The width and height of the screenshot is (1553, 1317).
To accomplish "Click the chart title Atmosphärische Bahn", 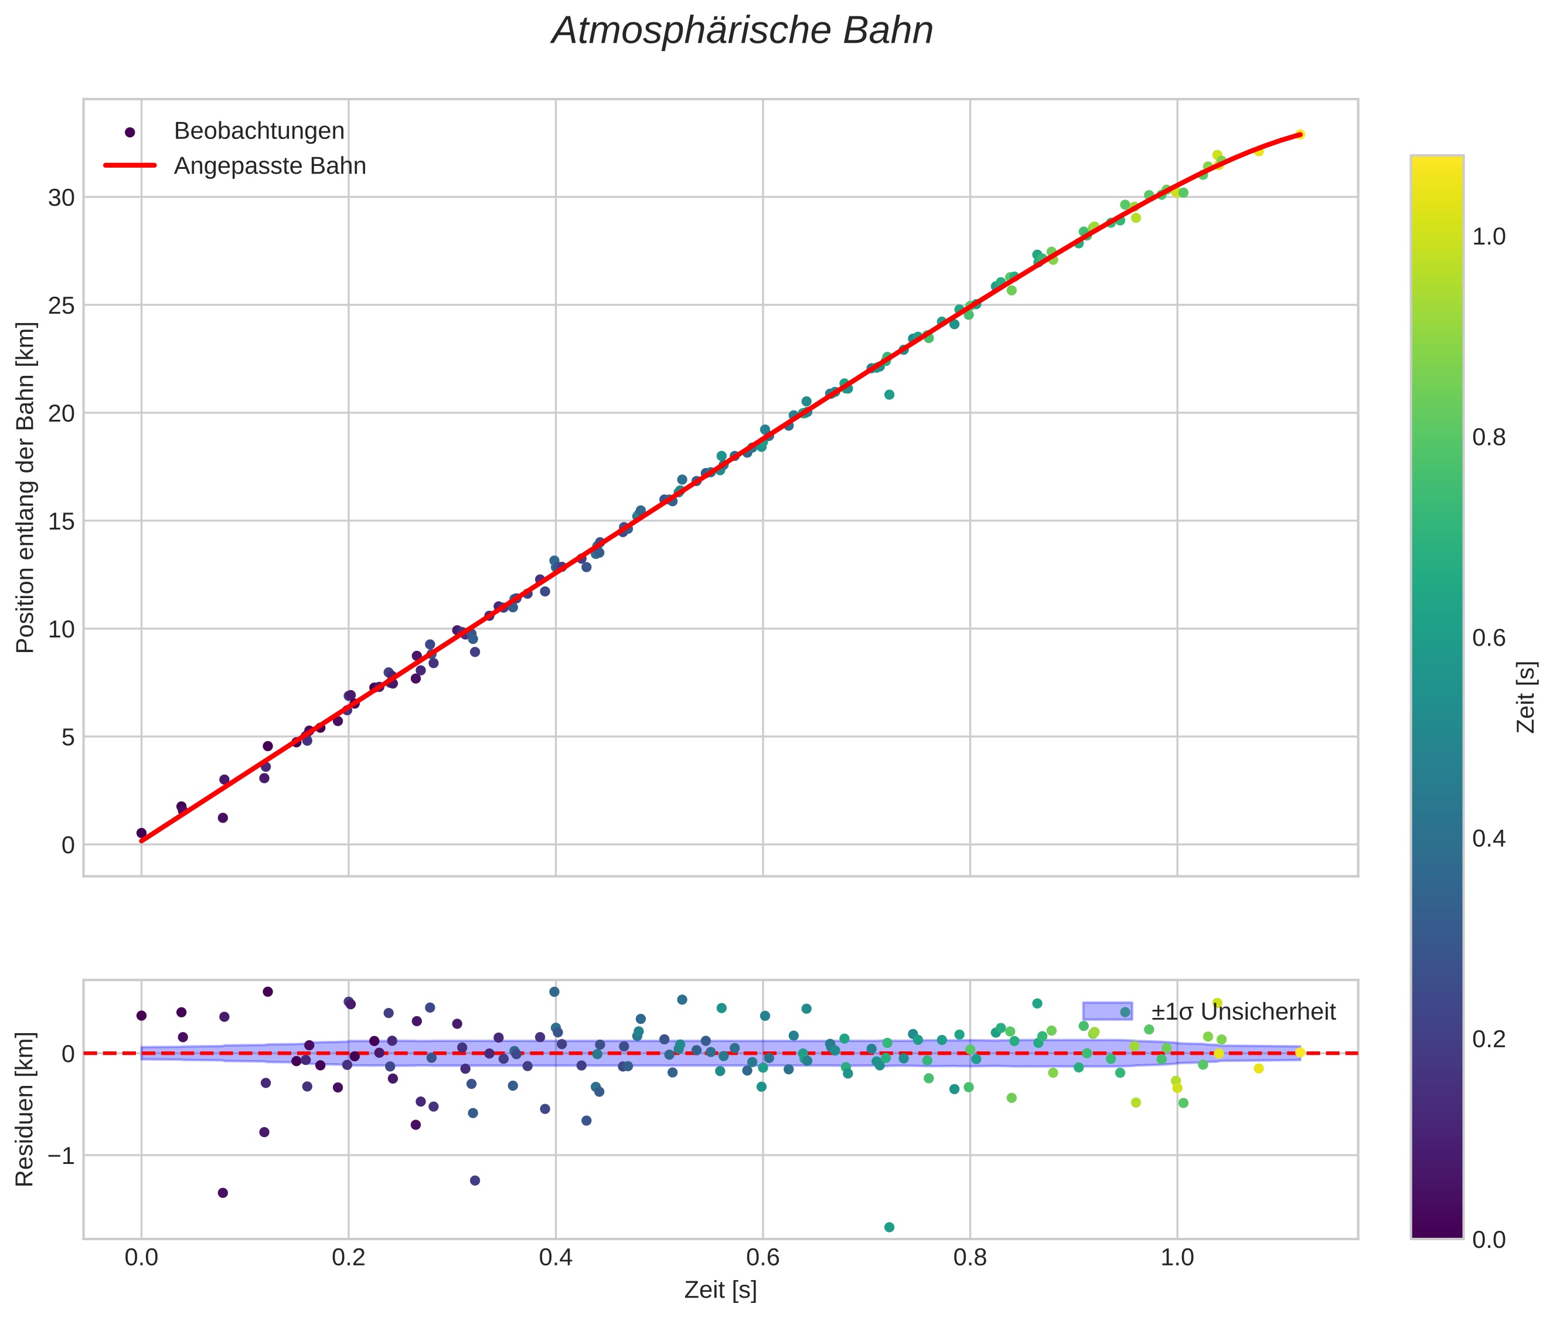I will [742, 31].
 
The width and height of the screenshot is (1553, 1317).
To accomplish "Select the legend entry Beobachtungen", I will [259, 131].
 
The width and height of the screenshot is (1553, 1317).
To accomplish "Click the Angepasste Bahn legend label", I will [270, 166].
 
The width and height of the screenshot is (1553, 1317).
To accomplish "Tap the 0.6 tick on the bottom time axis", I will [762, 1258].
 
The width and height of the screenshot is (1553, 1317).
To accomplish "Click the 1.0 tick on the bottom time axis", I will [1177, 1258].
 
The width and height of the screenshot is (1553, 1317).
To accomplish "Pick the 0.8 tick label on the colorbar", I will [1489, 437].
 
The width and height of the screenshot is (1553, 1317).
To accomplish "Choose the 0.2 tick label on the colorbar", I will [1489, 1039].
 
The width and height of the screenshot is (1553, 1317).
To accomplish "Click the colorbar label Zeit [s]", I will [1526, 697].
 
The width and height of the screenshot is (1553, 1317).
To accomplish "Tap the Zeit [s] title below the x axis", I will [720, 1290].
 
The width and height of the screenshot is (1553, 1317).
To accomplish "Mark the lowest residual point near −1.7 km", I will [889, 1227].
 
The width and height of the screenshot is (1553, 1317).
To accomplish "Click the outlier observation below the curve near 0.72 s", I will [889, 394].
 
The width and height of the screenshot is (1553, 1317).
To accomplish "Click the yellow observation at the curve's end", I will [1299, 134].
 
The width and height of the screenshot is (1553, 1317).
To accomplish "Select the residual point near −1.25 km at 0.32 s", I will [475, 1180].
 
